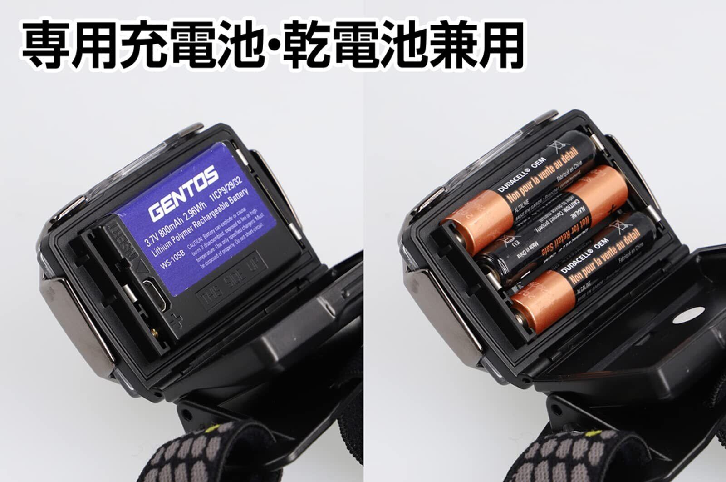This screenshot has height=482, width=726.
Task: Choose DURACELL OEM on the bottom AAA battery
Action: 586,260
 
